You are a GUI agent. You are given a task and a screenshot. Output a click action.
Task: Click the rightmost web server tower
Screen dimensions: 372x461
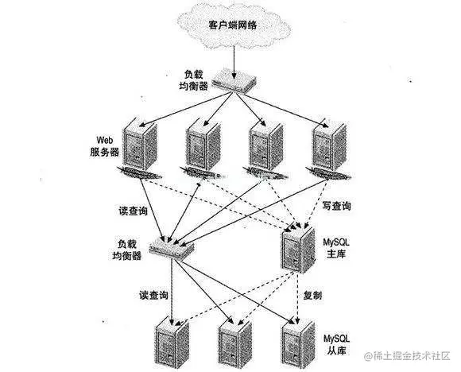pos(327,144)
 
